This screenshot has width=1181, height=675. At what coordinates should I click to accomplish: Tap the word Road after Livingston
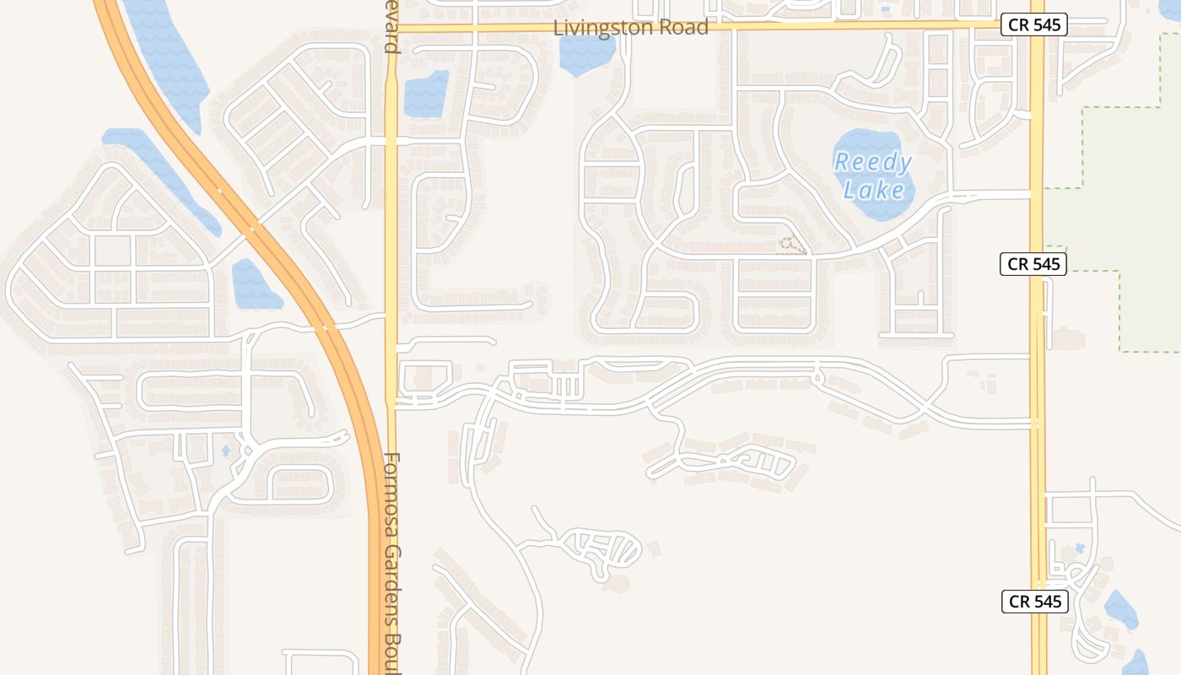(686, 27)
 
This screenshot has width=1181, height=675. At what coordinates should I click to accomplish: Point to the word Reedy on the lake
(873, 163)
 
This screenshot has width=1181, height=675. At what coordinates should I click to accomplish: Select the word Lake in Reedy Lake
(874, 190)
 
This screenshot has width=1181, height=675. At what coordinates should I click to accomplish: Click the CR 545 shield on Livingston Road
(1034, 24)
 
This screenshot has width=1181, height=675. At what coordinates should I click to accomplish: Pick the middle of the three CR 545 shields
(1034, 264)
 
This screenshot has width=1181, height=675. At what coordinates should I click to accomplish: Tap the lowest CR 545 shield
(1034, 602)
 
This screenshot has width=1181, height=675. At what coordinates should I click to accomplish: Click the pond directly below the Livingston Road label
(585, 53)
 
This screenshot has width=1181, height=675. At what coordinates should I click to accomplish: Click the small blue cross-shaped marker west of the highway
(226, 451)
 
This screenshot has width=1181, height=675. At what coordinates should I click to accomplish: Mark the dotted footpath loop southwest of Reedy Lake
(790, 246)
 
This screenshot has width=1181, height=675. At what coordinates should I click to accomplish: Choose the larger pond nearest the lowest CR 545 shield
(1120, 610)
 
